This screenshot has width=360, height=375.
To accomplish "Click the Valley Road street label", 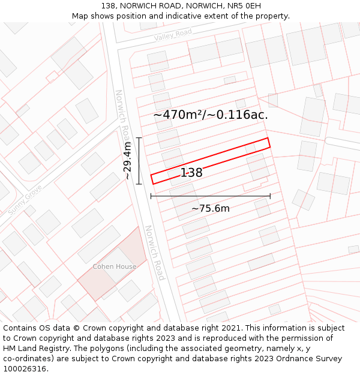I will (173, 35).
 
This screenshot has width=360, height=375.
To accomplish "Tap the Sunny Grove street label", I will (25, 200).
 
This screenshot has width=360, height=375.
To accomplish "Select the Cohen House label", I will (114, 266).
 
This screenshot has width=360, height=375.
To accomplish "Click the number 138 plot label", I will (191, 173).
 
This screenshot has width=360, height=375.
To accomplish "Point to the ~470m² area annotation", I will (210, 115).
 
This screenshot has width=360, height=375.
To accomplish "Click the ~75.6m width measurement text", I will (210, 209).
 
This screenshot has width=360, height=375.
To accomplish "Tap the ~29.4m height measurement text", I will (127, 161).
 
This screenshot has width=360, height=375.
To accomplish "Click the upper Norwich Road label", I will (122, 117).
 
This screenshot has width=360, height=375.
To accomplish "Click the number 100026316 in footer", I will (25, 369).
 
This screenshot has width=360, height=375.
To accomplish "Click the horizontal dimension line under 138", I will (210, 196).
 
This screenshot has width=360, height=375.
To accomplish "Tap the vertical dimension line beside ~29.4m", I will (139, 161).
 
